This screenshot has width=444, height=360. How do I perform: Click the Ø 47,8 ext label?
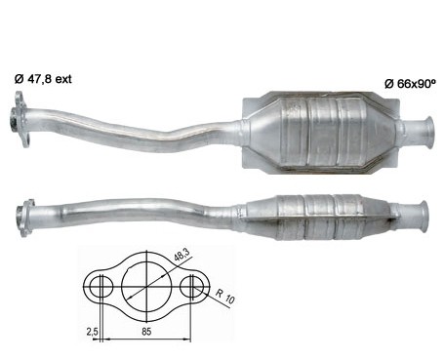(x=43, y=79)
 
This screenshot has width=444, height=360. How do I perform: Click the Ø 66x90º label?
(x=410, y=84)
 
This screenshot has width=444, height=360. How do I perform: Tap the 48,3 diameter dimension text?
(x=182, y=256)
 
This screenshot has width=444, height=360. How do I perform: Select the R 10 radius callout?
(x=225, y=296)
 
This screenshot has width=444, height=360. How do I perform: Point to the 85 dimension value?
(x=146, y=332)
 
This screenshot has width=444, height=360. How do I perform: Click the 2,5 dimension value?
(x=92, y=332)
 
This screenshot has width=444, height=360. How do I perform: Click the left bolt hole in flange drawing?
(x=101, y=287)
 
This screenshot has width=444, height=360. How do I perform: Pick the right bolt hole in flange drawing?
(x=192, y=287)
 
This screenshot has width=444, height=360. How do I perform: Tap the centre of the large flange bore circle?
(x=146, y=287)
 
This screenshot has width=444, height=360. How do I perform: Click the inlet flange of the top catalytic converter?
(x=20, y=120)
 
